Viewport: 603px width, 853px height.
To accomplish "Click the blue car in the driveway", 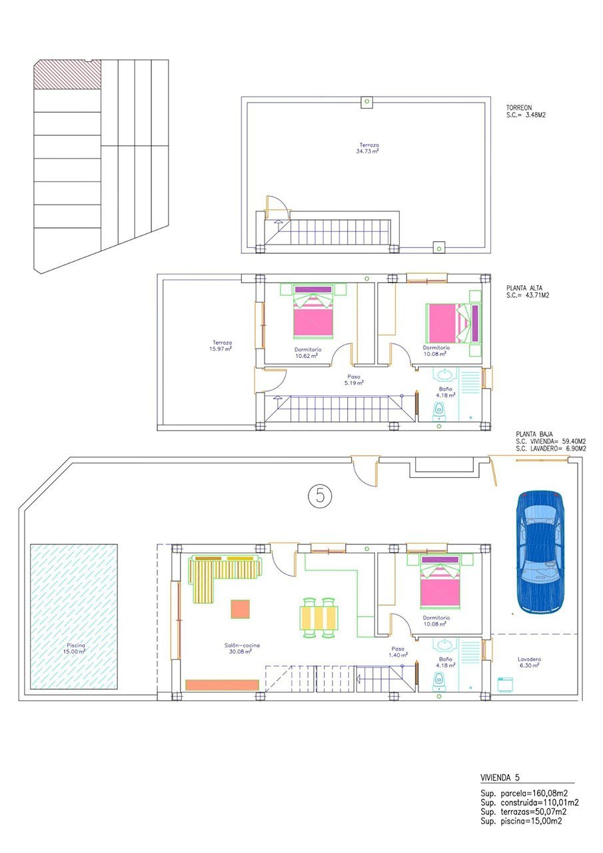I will (x=540, y=552).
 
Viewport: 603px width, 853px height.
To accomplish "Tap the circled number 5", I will (x=320, y=496).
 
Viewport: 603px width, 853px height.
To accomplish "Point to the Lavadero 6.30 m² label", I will (x=530, y=662).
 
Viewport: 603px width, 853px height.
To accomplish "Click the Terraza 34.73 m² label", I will (x=369, y=148).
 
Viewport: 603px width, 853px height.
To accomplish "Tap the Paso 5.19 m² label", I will (x=354, y=380).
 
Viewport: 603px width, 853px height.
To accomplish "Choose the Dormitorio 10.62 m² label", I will (x=308, y=353).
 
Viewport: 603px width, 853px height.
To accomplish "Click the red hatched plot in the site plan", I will (x=67, y=74).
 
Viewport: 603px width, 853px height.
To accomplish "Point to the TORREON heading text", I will (x=519, y=107).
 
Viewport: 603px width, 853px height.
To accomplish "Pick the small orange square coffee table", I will (x=240, y=609).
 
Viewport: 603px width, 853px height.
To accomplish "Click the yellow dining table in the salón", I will (x=319, y=617).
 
